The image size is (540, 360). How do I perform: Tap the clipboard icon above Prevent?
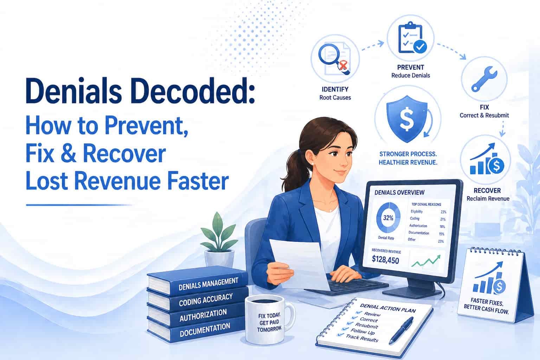[x=411, y=38]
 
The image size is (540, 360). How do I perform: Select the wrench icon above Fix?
[x=484, y=79]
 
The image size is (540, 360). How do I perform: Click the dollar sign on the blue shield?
[x=407, y=118]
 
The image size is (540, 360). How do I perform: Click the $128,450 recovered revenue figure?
[x=385, y=260]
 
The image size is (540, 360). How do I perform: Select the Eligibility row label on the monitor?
[x=417, y=212]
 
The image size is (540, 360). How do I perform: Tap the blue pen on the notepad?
[x=401, y=330]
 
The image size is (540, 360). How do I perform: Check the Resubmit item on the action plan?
[x=366, y=326]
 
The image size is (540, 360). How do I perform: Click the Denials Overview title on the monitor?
[x=399, y=192]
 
